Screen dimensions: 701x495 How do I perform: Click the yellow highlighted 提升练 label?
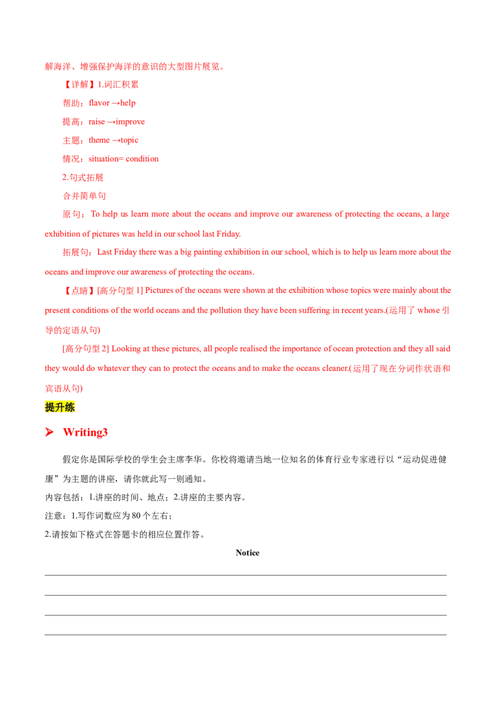(x=61, y=407)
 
